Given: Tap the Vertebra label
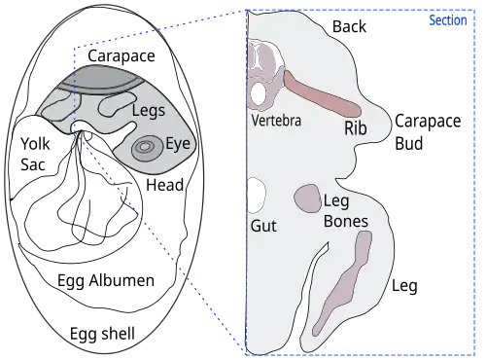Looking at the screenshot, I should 275,122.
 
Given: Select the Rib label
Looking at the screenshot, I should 355,127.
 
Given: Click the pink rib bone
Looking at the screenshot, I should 321,94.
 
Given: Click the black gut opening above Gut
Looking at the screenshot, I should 258,195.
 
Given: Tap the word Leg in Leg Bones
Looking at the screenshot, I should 335,202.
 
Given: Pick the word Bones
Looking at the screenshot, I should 346,222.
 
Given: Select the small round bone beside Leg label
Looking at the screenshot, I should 308,198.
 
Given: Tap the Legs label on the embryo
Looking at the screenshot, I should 149,112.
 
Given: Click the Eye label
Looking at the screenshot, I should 180,144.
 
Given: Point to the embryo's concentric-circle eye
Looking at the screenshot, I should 146,148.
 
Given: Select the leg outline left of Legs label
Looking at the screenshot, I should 118,100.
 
